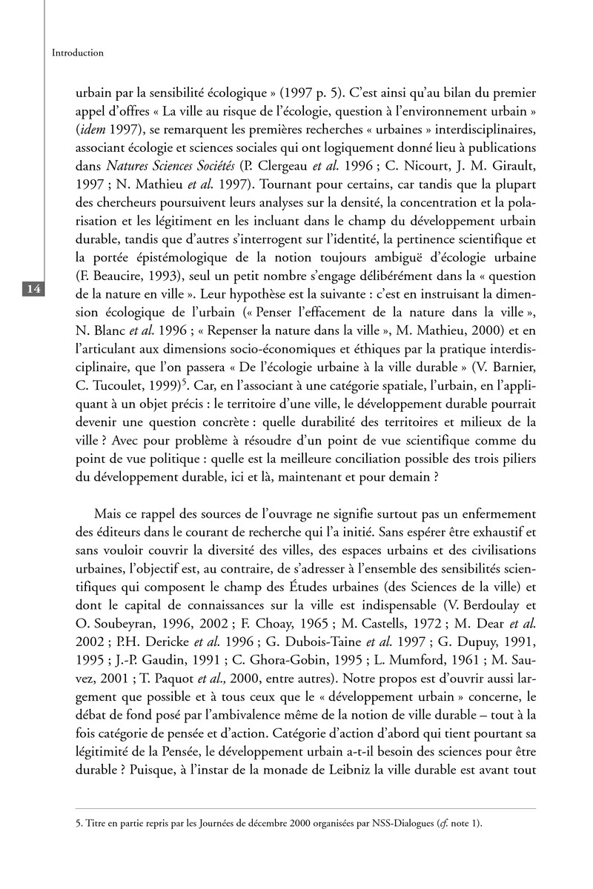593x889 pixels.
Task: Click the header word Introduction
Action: pos(78,53)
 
